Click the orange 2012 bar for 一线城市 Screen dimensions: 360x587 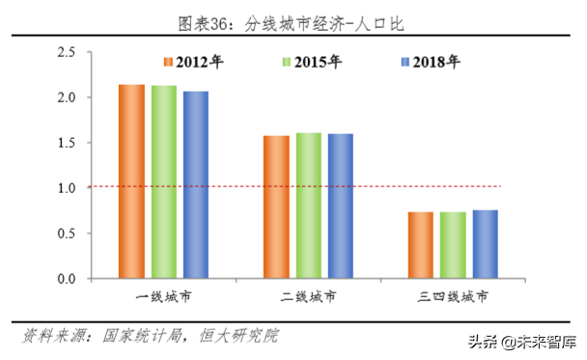click(131, 181)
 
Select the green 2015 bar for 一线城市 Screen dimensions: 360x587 click(164, 181)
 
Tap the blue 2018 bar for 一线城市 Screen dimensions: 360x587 click(196, 184)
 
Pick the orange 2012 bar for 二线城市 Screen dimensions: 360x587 click(276, 207)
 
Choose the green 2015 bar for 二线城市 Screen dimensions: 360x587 click(308, 206)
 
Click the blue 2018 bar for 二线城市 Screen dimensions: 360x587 click(340, 206)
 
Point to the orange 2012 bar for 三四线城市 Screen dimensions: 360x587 click(420, 245)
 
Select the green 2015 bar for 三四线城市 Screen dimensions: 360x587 click(453, 245)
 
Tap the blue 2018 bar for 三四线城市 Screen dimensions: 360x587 click(485, 244)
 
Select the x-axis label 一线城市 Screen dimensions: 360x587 click(163, 294)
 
